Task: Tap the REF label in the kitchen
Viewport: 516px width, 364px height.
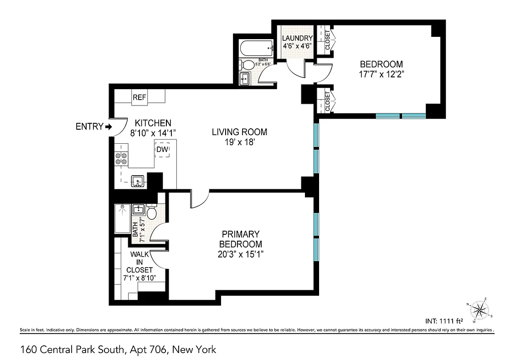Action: [139, 97]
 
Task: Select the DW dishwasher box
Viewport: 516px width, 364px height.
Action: [162, 150]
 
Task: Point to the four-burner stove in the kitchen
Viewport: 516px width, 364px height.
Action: [121, 158]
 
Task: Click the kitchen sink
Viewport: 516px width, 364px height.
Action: [138, 182]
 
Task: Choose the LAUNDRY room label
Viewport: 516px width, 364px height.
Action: [297, 38]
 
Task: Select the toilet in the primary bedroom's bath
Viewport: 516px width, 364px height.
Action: [152, 212]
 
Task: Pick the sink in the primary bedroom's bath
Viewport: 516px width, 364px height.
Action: [139, 210]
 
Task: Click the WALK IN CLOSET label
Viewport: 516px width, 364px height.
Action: [141, 262]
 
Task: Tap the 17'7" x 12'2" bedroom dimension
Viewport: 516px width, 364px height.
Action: [381, 74]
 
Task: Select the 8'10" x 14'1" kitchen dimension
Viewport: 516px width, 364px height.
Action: [153, 133]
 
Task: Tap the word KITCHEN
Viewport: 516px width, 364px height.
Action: [153, 123]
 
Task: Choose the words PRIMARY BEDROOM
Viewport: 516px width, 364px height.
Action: [240, 239]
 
